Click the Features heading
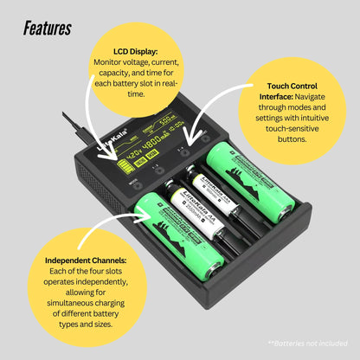point(48,29)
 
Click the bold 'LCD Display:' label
point(134,51)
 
